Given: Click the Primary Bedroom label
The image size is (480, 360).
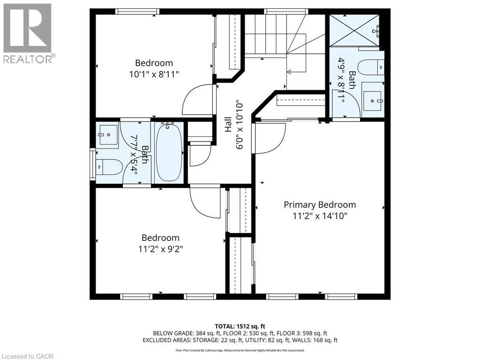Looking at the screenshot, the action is [x=320, y=205].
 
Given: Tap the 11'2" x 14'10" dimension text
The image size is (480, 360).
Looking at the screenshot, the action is [x=320, y=216].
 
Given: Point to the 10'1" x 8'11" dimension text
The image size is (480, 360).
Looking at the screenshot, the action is [x=154, y=74].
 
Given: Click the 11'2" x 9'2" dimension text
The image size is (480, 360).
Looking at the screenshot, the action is [x=160, y=249].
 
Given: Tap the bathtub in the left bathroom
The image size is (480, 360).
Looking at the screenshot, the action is [x=169, y=152].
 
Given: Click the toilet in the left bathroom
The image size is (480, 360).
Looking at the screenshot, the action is [x=109, y=167].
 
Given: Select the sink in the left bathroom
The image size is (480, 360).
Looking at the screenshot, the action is [x=107, y=135].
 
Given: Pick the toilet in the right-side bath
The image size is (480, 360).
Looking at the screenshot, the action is [x=371, y=67].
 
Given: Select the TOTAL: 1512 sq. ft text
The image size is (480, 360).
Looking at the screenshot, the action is [x=238, y=326].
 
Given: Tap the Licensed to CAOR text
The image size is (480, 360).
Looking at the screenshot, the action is [x=27, y=356].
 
